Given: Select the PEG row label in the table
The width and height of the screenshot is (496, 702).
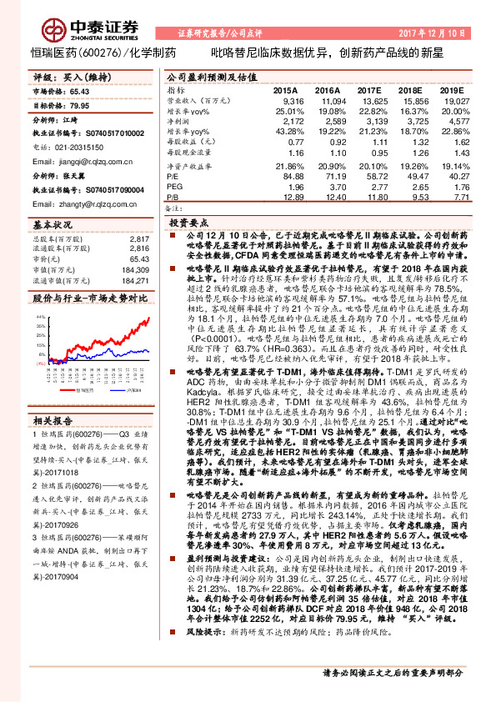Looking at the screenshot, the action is [173, 187].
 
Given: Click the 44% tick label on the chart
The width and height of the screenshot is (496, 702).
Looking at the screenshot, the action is [42, 318].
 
